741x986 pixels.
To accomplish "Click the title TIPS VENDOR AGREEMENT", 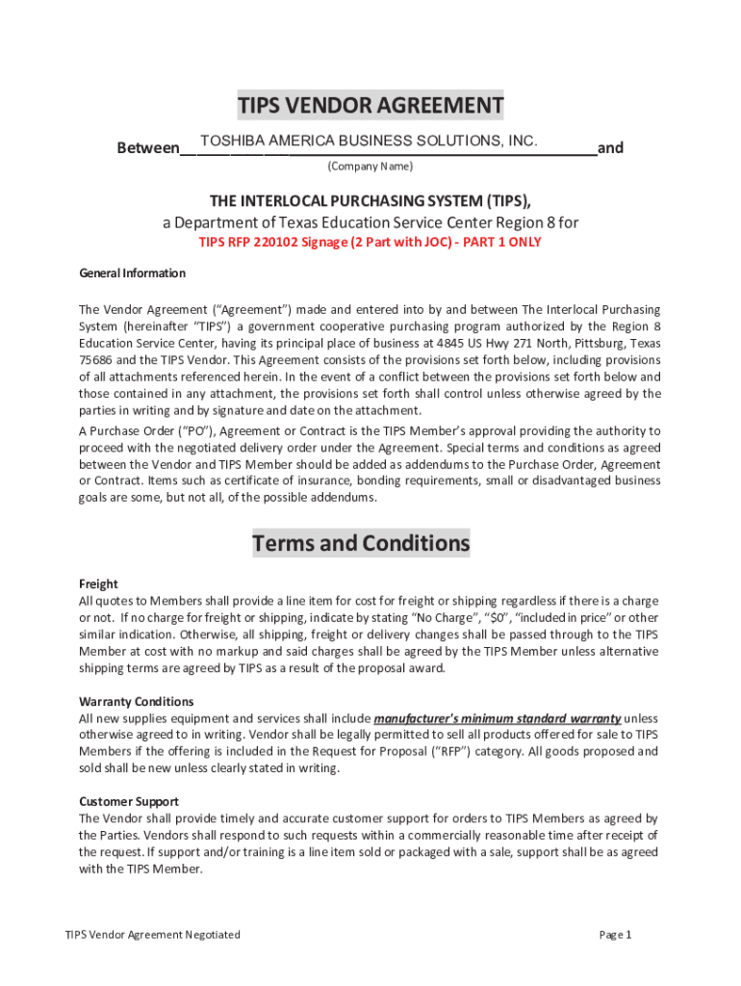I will point(370,105).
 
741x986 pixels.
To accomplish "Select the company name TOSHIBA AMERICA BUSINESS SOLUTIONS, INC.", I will point(368,142).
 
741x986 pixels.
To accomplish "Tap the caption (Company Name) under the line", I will point(370,167).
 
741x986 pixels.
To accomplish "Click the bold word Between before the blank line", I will point(148,148).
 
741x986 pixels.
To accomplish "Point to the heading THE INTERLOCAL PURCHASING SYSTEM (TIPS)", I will point(370,200).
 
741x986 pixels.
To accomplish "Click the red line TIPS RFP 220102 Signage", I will point(370,243).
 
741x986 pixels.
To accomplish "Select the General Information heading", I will point(132,273).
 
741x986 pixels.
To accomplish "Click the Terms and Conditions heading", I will point(361,544).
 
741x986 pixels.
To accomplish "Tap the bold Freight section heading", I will point(98,584).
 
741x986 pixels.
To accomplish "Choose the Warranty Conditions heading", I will point(136,701).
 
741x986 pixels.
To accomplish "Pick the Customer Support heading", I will point(128,801).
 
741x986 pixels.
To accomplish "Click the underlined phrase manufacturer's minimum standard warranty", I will point(497,718).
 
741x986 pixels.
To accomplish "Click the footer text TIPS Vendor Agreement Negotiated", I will point(152,935).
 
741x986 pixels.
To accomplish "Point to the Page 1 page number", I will point(615,935).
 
